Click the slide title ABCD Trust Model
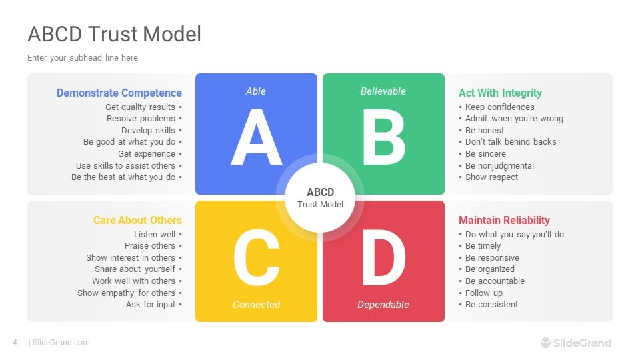click(114, 34)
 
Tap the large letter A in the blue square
click(256, 138)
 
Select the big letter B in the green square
click(383, 138)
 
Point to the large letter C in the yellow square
click(256, 258)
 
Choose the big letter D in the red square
click(383, 258)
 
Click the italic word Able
click(256, 91)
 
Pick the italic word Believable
click(383, 91)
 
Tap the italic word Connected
click(256, 305)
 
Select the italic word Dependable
click(383, 305)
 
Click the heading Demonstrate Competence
click(119, 93)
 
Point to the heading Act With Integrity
click(500, 93)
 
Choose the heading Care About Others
click(137, 220)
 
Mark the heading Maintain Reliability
click(504, 220)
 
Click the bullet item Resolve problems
click(141, 119)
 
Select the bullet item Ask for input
click(151, 305)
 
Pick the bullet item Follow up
click(484, 293)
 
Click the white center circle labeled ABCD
click(320, 197)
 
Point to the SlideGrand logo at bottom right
click(576, 343)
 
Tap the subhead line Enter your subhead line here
click(83, 58)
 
